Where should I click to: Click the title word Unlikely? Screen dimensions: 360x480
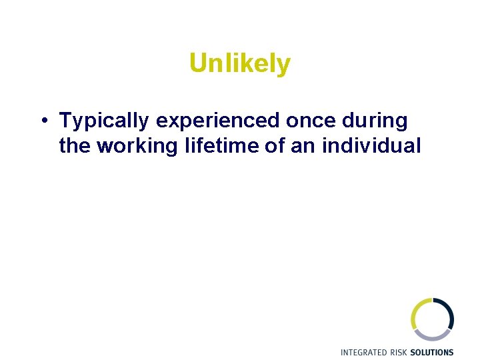240,64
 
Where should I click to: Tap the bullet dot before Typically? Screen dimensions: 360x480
42,121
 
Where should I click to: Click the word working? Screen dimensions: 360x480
136,145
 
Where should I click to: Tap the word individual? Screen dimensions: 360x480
371,145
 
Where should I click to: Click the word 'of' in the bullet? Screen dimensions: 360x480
274,145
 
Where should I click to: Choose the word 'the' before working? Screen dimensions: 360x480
75,145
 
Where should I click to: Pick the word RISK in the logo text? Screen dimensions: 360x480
401,352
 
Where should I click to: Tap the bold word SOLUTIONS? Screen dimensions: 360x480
433,352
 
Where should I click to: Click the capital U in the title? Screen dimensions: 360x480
197,64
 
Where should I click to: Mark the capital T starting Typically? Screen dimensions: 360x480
65,121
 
